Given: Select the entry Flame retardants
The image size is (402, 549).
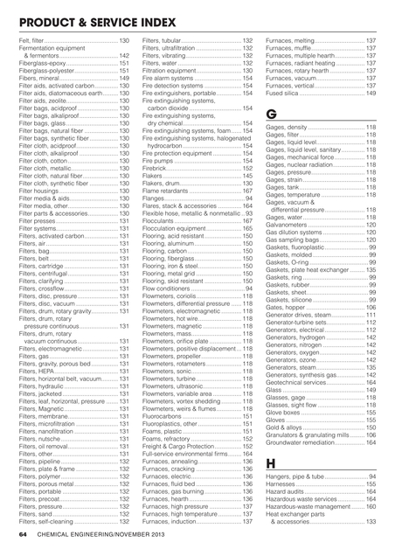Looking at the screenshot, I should [171, 190].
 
